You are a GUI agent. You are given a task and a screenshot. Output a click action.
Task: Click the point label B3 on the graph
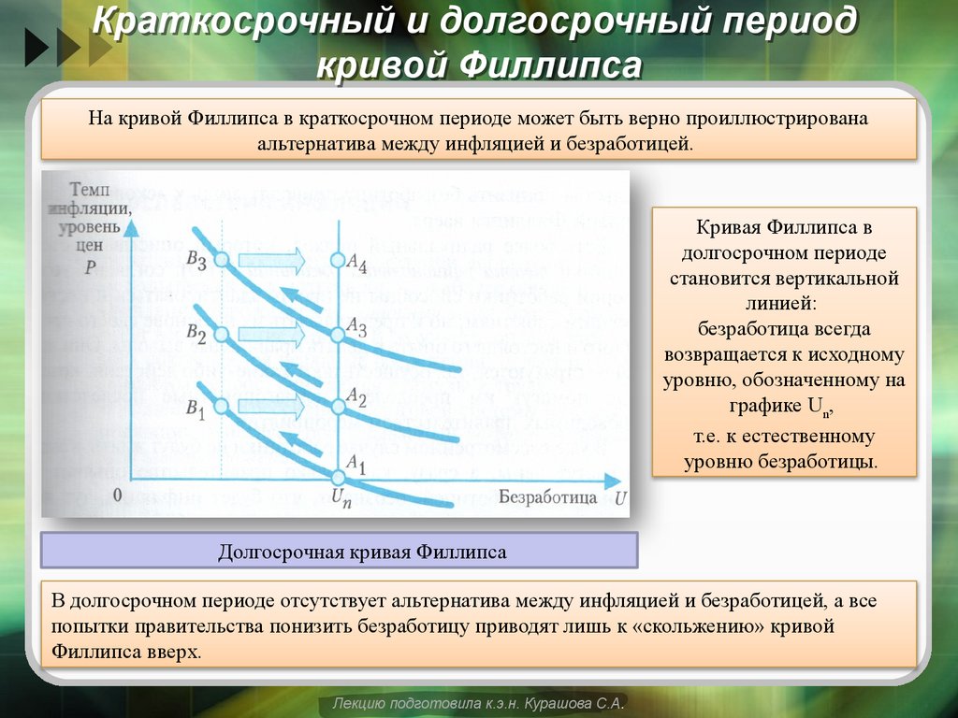click(196, 262)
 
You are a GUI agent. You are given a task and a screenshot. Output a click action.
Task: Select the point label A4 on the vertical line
click(356, 265)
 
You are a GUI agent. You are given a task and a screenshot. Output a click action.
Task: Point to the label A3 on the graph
click(356, 325)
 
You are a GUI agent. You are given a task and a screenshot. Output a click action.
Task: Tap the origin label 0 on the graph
click(118, 493)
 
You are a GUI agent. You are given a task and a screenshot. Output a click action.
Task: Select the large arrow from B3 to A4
click(271, 259)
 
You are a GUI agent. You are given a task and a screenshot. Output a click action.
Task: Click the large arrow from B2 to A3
click(271, 333)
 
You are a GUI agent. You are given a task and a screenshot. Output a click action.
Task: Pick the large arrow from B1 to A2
click(271, 406)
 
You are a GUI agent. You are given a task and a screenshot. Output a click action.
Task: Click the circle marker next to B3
click(222, 261)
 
